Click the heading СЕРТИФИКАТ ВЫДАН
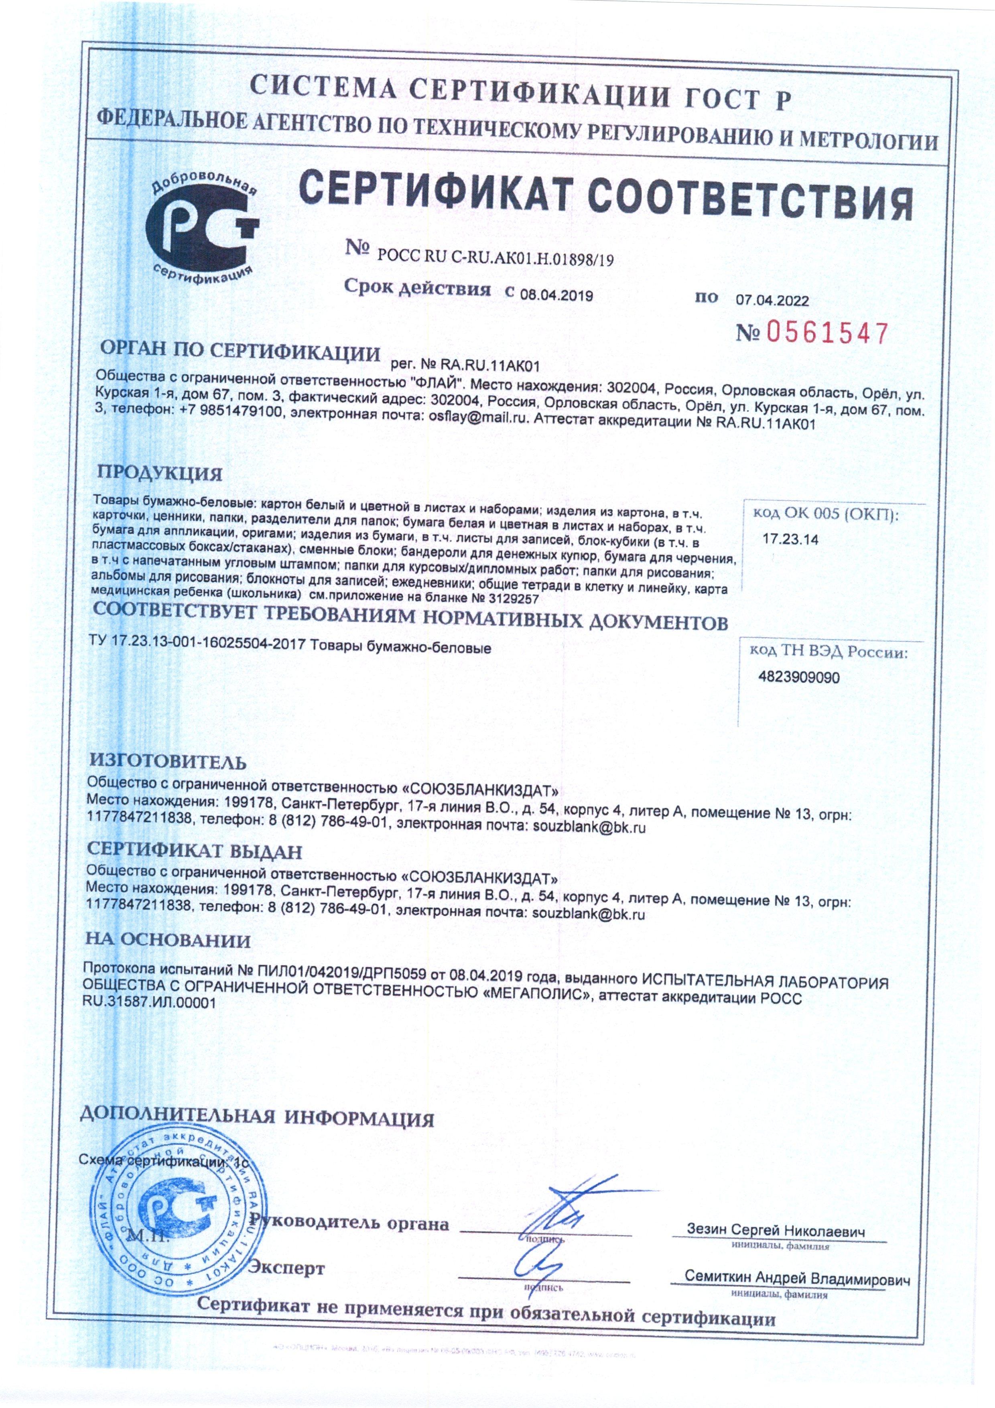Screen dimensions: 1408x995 [x=194, y=852]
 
